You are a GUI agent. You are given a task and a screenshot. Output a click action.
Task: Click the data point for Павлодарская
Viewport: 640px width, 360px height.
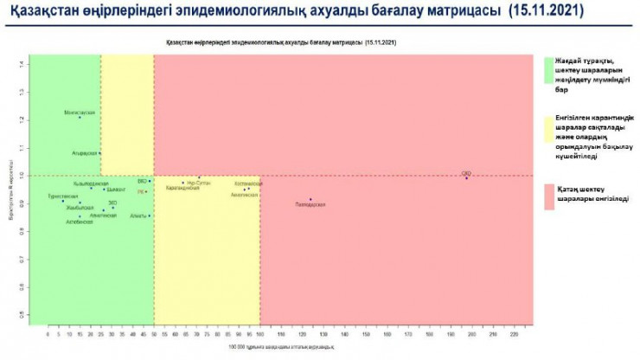310,199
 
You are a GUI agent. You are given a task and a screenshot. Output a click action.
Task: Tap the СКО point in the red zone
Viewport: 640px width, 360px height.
466,177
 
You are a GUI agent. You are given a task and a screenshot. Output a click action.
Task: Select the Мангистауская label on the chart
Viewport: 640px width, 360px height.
80,112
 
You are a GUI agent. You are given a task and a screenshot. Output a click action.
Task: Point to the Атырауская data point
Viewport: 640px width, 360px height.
100,153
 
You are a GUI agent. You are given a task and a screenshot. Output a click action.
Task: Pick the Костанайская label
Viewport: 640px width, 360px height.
248,183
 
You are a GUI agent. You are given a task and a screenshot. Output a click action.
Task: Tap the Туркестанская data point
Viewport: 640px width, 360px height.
62,201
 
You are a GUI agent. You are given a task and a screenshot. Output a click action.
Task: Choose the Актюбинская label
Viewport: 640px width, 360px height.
80,222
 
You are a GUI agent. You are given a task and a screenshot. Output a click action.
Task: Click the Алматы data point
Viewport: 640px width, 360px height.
150,215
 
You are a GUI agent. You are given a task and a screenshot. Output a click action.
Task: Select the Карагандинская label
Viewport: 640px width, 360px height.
182,188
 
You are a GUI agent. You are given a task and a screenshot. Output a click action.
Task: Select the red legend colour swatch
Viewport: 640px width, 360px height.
548,196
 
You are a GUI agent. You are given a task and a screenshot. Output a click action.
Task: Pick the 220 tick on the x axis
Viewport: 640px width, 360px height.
514,332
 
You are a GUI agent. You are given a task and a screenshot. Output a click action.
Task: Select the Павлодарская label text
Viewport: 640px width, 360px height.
310,204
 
